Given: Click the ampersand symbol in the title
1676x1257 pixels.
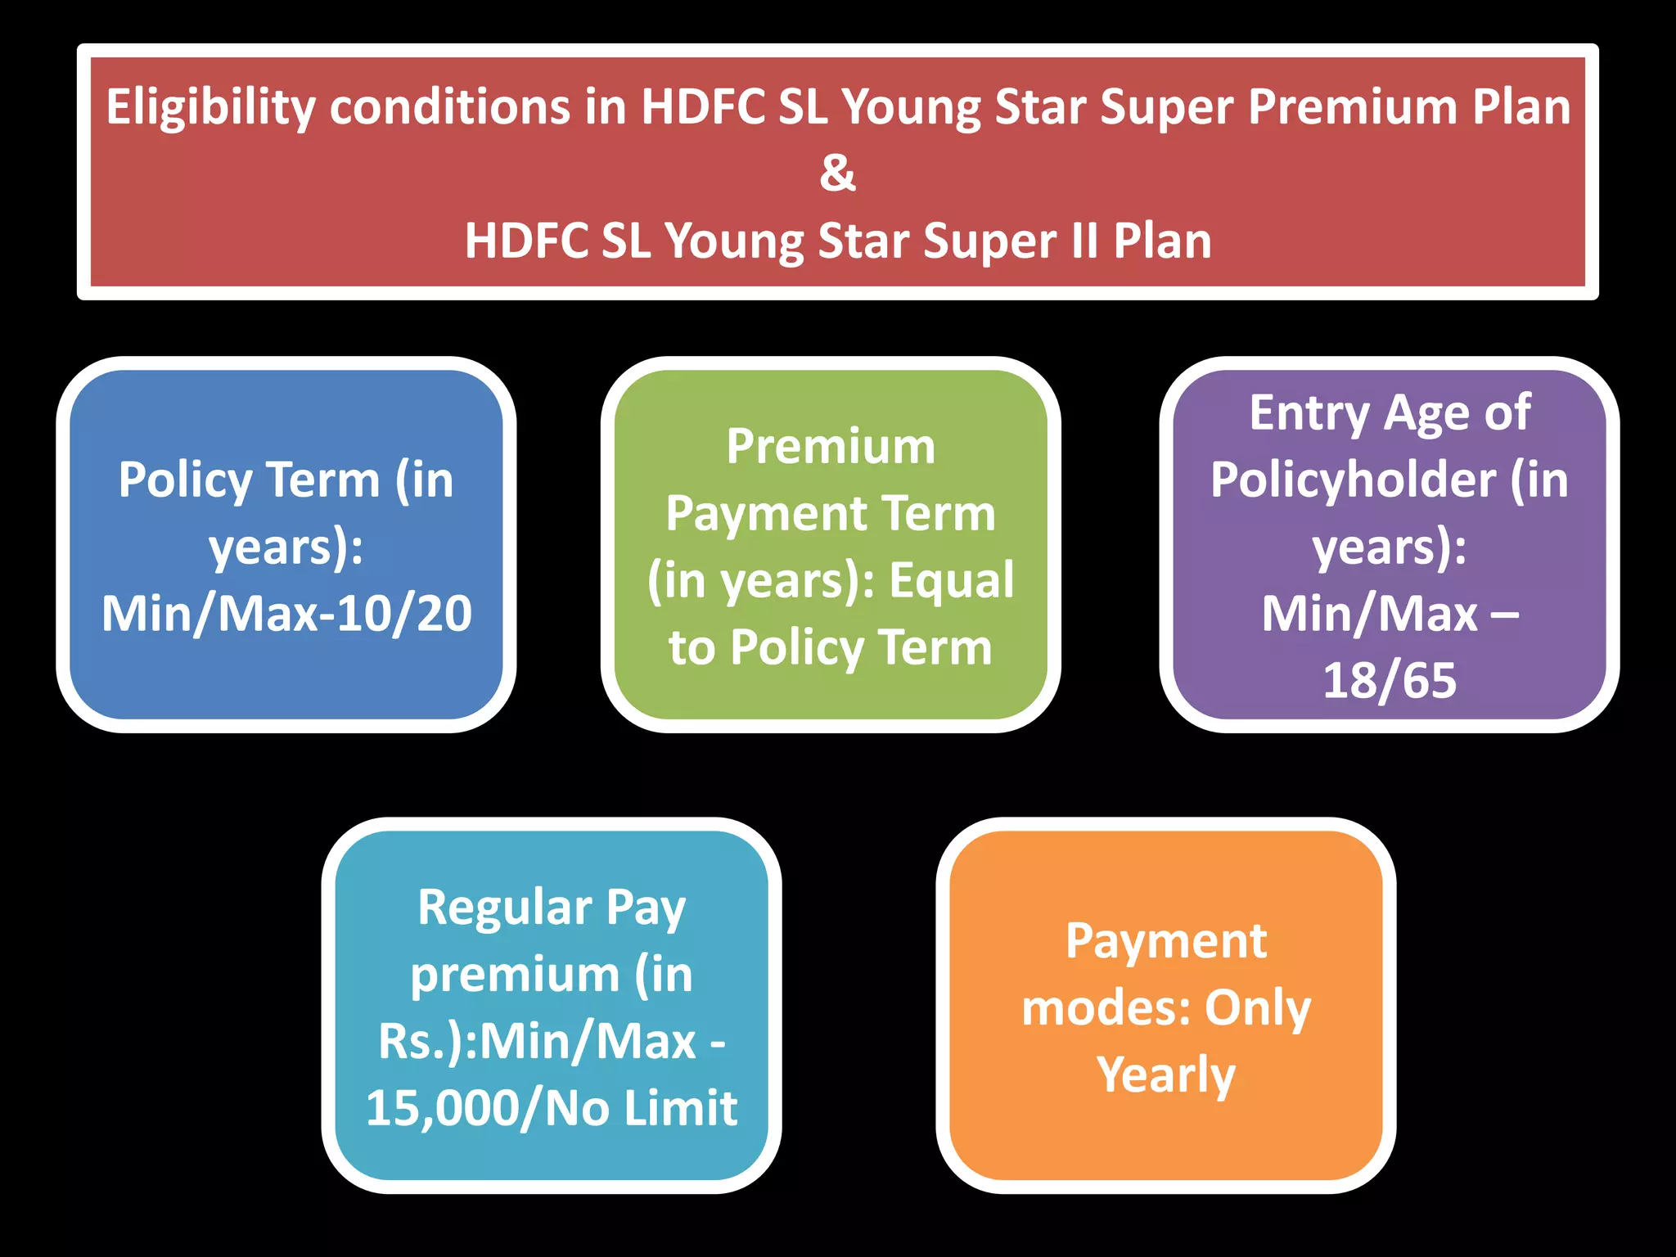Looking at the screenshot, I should [x=837, y=173].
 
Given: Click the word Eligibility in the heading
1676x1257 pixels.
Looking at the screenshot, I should [x=210, y=107].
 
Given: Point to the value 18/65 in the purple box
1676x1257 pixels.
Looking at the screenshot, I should [x=1390, y=681].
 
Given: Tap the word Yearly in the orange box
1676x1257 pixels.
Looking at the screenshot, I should [x=1165, y=1075].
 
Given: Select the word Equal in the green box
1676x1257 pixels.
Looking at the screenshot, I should [x=951, y=581].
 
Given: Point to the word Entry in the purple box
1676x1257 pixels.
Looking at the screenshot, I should [x=1309, y=413].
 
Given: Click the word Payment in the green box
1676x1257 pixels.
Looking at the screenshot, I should [x=766, y=515].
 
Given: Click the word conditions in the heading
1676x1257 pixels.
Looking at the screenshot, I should [x=449, y=107].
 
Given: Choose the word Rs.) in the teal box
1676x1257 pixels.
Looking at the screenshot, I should [x=421, y=1042].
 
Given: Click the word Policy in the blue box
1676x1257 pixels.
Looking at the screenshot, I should [x=185, y=480].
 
